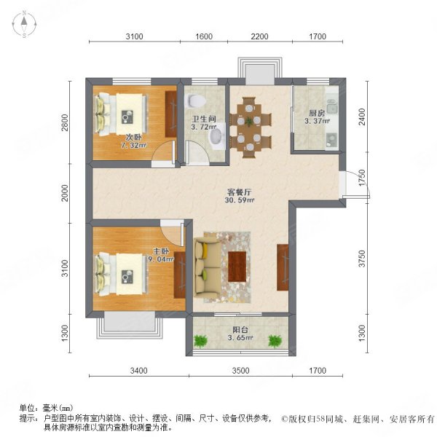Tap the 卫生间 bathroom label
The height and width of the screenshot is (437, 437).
coord(202,117)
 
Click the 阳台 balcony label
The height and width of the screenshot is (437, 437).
coord(238,328)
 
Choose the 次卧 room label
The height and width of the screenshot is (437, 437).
coord(133,136)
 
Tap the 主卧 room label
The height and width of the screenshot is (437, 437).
coord(154,250)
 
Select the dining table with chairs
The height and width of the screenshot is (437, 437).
coord(251,124)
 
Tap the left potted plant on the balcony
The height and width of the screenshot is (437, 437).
coord(201,340)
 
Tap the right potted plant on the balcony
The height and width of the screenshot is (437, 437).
coord(275,340)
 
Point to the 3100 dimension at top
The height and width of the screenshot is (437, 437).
coord(133,37)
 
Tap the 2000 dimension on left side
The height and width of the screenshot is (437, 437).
coord(65,194)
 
